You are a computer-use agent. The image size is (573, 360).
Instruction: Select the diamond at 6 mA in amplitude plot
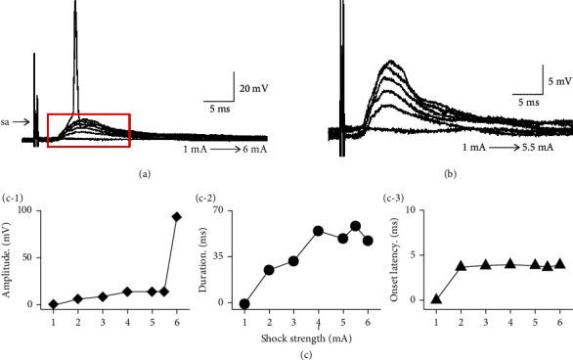[177, 217]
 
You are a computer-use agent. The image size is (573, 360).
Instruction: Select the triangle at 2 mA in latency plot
[460, 265]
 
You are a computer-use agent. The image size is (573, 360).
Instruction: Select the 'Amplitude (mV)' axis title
[9, 257]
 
